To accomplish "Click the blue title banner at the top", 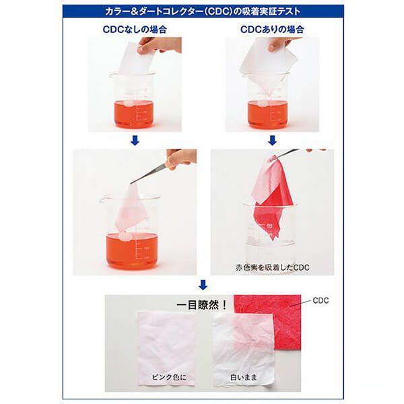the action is pyautogui.click(x=203, y=11).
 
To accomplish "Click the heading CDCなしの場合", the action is pyautogui.click(x=135, y=30).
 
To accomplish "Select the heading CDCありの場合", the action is pyautogui.click(x=272, y=30).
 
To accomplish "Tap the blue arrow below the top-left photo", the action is pyautogui.click(x=135, y=141).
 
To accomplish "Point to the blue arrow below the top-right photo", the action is pyautogui.click(x=272, y=141).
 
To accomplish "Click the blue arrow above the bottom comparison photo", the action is pyautogui.click(x=203, y=285).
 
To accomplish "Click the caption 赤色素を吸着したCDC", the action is pyautogui.click(x=272, y=267).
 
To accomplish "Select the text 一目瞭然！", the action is pyautogui.click(x=202, y=305).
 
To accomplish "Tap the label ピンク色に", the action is pyautogui.click(x=169, y=378).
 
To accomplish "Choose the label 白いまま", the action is pyautogui.click(x=244, y=378).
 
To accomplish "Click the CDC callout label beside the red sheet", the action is pyautogui.click(x=321, y=300).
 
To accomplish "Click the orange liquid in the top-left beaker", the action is pyautogui.click(x=134, y=114).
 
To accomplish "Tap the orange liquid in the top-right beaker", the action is pyautogui.click(x=268, y=114).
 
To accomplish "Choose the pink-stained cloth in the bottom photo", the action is pyautogui.click(x=166, y=348).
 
